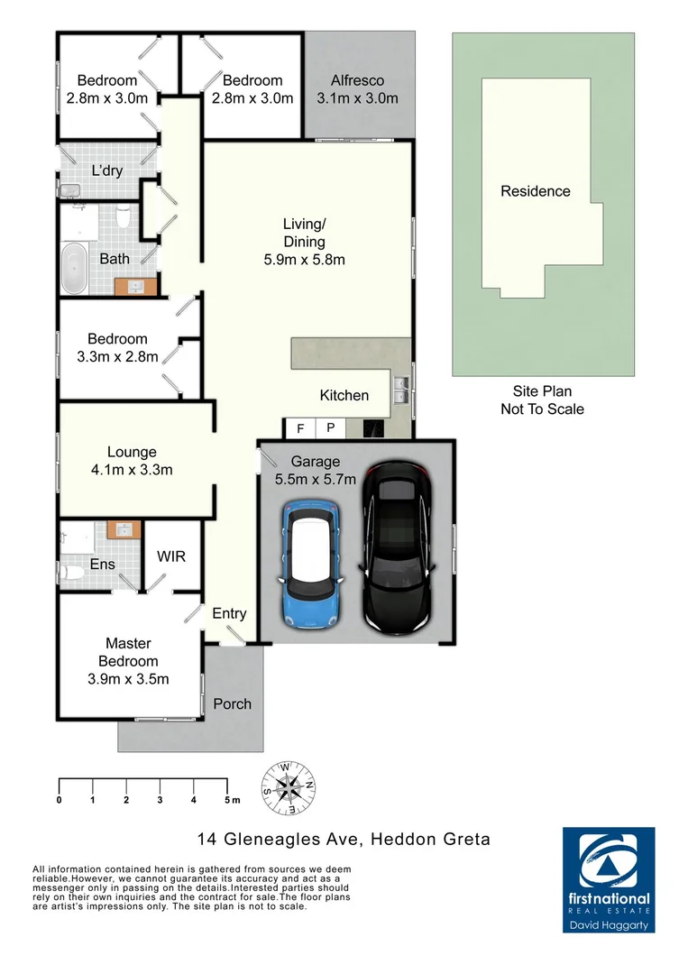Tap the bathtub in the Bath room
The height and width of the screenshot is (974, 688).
pyautogui.click(x=74, y=268)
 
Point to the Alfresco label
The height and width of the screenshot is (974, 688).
pyautogui.click(x=357, y=79)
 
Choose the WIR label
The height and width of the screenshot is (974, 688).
pyautogui.click(x=171, y=556)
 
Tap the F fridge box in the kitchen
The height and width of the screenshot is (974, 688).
pyautogui.click(x=299, y=427)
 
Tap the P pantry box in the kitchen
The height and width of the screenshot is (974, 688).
pyautogui.click(x=330, y=427)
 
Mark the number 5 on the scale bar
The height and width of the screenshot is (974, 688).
pyautogui.click(x=226, y=800)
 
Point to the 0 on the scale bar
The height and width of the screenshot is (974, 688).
pyautogui.click(x=60, y=800)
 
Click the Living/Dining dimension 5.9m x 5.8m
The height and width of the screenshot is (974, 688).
pyautogui.click(x=302, y=260)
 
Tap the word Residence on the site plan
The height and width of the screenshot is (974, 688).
pyautogui.click(x=536, y=191)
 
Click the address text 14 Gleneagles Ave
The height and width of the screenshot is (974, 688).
pyautogui.click(x=280, y=840)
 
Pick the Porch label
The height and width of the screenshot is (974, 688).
pyautogui.click(x=232, y=703)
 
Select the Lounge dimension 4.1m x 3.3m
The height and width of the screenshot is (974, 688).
pyautogui.click(x=132, y=469)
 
